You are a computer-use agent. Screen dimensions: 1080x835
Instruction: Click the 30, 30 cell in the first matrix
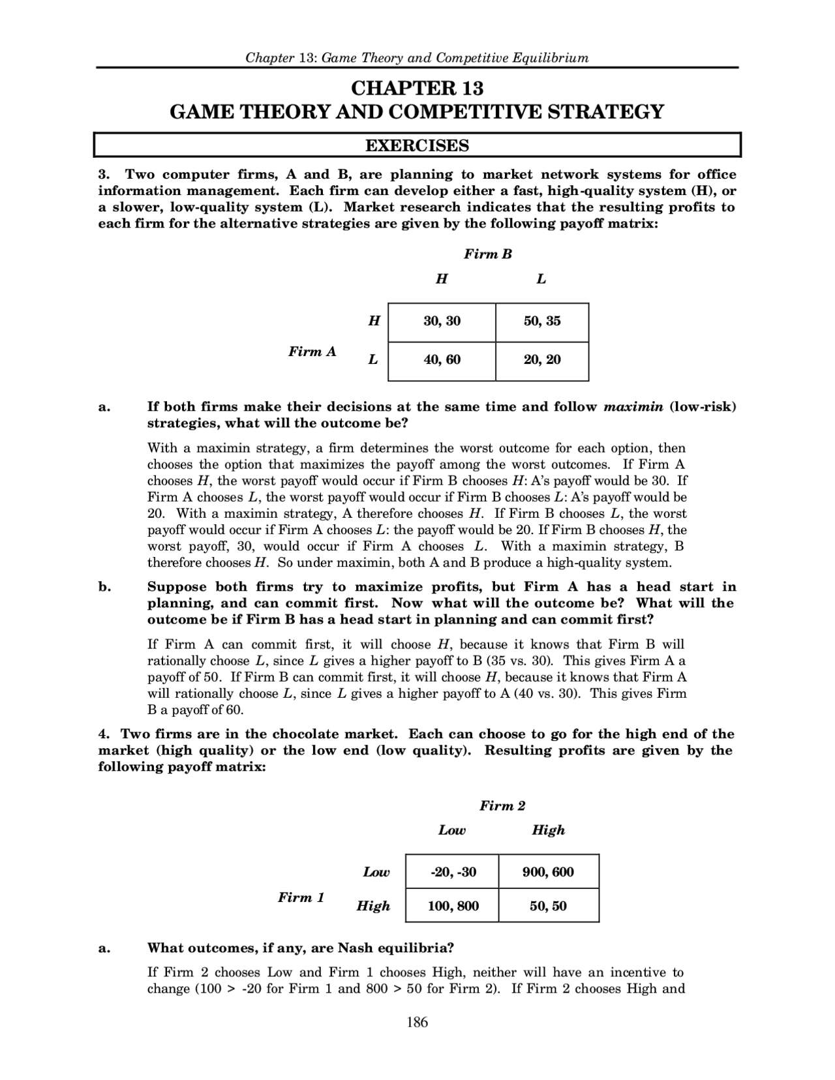point(442,322)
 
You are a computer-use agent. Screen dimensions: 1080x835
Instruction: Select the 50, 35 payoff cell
point(541,322)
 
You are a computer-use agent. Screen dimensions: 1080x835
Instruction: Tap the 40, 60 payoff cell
point(442,360)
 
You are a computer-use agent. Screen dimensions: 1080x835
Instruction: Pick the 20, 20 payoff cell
point(541,360)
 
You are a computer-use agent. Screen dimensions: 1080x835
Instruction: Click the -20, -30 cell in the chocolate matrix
point(453,872)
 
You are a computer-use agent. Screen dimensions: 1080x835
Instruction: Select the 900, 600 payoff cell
point(548,872)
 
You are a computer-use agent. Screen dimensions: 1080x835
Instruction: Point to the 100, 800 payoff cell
point(453,906)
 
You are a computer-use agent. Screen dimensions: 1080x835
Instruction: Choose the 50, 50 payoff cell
point(548,906)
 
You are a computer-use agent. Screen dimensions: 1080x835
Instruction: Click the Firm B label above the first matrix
point(487,254)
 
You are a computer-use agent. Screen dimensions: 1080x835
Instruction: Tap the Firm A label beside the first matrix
point(312,352)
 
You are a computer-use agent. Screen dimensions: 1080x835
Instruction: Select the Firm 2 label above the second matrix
point(502,806)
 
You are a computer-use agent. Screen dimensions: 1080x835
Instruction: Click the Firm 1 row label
point(301,897)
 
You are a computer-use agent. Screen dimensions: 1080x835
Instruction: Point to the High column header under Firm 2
point(548,830)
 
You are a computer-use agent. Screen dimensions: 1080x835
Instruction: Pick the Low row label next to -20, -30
point(376,873)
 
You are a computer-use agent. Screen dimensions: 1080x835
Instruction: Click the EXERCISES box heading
point(417,145)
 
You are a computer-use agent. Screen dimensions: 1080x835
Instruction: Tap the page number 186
point(417,1023)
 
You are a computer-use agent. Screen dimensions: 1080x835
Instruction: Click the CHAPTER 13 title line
point(417,88)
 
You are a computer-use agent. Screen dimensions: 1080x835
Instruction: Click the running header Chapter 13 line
point(417,57)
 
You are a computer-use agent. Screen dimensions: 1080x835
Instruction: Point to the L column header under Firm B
point(541,279)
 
